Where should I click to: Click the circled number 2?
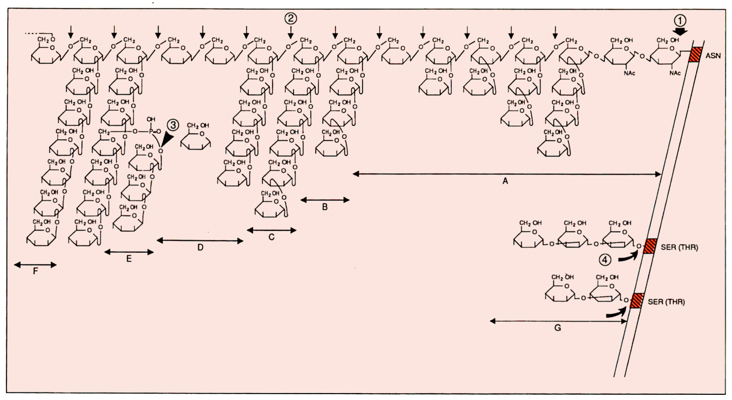click(x=291, y=18)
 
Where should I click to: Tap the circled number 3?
click(x=173, y=125)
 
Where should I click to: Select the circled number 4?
click(x=605, y=260)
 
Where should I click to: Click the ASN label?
click(x=713, y=56)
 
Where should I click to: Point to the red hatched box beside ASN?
click(x=695, y=55)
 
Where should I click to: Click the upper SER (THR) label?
click(x=679, y=247)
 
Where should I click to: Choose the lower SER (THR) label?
click(x=666, y=302)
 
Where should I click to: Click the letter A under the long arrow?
click(x=505, y=181)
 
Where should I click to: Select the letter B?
click(x=325, y=207)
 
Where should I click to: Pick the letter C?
click(x=272, y=237)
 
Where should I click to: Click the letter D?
click(x=201, y=248)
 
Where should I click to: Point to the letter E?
click(x=129, y=259)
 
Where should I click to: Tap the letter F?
click(x=35, y=271)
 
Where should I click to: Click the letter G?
click(x=558, y=328)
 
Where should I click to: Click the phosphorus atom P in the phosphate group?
click(x=150, y=131)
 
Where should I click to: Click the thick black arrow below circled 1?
click(x=681, y=32)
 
